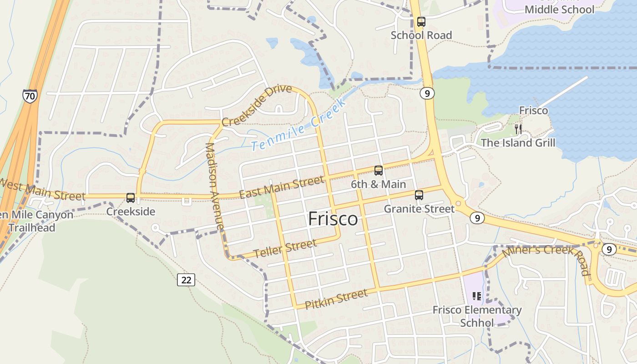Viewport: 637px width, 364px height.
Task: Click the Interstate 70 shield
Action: pyautogui.click(x=30, y=96)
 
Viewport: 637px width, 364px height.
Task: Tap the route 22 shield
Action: pyautogui.click(x=186, y=280)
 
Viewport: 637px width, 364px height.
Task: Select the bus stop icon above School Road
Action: pyautogui.click(x=421, y=21)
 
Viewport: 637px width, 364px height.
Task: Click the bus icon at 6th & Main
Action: pyautogui.click(x=379, y=171)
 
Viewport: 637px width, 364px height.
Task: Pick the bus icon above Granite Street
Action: pyautogui.click(x=419, y=195)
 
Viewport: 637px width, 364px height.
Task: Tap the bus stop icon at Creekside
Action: pyautogui.click(x=131, y=198)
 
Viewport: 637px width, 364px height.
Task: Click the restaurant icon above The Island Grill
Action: pyautogui.click(x=518, y=129)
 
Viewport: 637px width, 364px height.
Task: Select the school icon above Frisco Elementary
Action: pyautogui.click(x=477, y=297)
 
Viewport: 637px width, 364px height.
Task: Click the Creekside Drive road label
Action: pyautogui.click(x=257, y=106)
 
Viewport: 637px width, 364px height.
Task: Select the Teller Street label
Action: pyautogui.click(x=285, y=248)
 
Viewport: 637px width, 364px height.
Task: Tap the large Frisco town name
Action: pyautogui.click(x=333, y=219)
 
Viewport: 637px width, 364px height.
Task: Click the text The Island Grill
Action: pyautogui.click(x=518, y=143)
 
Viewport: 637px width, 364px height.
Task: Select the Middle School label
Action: pyautogui.click(x=559, y=9)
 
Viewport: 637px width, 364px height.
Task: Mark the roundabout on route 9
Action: pyautogui.click(x=458, y=203)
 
